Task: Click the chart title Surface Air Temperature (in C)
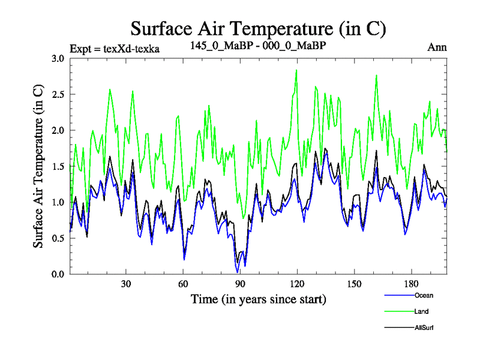[x=258, y=29]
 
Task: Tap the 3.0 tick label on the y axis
[x=58, y=59]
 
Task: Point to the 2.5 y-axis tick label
[x=58, y=95]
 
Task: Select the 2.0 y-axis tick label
[x=58, y=130]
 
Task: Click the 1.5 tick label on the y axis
[x=58, y=166]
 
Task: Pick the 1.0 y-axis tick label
[x=58, y=202]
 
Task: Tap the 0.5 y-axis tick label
[x=58, y=238]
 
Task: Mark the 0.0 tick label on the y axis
[x=58, y=274]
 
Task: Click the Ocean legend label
[x=423, y=295]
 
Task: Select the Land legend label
[x=421, y=311]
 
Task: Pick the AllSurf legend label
[x=424, y=328]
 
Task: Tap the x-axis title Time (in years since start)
[x=258, y=299]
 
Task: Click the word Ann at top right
[x=437, y=47]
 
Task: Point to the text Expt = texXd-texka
[x=115, y=48]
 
